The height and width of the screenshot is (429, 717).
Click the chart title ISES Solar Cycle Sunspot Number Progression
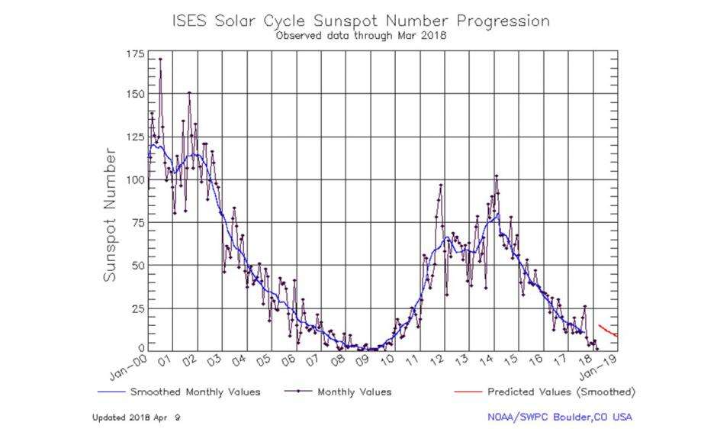pos(361,21)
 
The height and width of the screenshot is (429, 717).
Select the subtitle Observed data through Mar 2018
pos(361,35)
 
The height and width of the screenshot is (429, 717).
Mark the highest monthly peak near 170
pos(159,59)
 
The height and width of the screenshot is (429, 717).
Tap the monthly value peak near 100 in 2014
pos(497,176)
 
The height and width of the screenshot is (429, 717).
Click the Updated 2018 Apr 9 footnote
pos(137,418)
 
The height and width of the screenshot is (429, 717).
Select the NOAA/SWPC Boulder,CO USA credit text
pos(559,417)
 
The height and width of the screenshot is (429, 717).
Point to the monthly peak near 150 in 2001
pos(189,93)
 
